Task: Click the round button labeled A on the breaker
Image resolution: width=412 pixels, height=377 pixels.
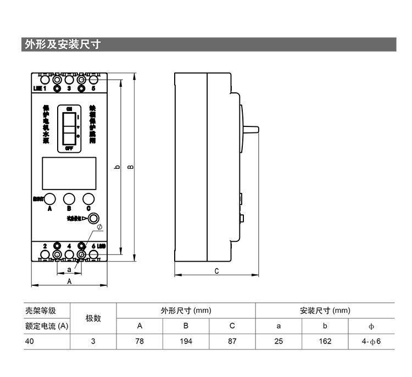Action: tap(50, 199)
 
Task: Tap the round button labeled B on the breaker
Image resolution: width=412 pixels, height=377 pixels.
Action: tap(69, 199)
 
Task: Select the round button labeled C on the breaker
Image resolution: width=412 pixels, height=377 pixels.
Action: tap(88, 199)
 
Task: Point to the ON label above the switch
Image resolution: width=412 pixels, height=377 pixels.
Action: tap(69, 108)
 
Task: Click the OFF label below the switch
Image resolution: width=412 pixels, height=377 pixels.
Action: tap(69, 148)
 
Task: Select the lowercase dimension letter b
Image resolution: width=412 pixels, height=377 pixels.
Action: tap(117, 167)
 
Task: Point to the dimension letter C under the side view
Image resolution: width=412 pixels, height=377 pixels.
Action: tap(216, 270)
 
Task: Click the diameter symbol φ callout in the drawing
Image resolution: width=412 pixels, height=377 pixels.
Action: tap(99, 227)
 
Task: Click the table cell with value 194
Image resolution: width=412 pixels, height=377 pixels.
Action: tap(186, 341)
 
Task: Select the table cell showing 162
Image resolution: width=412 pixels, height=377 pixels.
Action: tap(325, 341)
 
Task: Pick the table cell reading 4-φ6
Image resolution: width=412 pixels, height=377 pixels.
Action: tap(371, 341)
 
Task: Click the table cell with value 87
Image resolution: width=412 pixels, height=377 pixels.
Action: tap(232, 341)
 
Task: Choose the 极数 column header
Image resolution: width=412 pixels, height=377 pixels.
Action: tap(93, 318)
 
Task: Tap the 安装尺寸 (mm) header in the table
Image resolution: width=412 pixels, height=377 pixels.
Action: tap(325, 311)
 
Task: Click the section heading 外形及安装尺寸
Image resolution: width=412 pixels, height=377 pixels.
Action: tap(62, 45)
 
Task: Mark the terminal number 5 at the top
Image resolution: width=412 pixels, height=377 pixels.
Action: tap(93, 88)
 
